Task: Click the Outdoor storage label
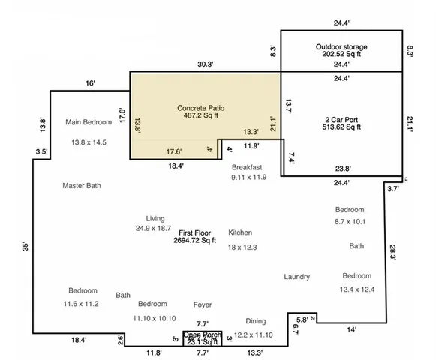coord(341,47)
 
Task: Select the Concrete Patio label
coord(200,108)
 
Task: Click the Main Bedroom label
coord(89,122)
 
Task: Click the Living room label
coord(155,218)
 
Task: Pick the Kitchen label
coord(240,232)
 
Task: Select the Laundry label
coord(296,277)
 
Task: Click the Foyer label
coord(202,304)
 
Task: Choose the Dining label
coord(256,320)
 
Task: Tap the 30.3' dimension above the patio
coord(205,65)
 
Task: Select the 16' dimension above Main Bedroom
coord(90,83)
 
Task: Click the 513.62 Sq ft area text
coord(342,127)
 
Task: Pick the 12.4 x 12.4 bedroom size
coord(357,289)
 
